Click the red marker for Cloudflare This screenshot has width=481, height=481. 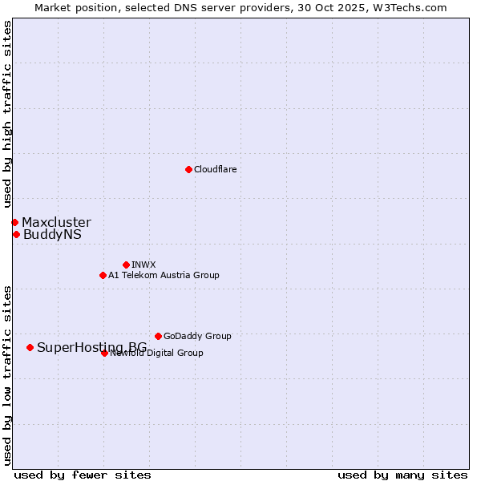point(188,169)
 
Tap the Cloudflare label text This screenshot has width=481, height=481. point(215,169)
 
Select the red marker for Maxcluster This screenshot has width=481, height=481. point(14,222)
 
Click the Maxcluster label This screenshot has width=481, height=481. point(56,222)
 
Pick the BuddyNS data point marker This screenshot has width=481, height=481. point(16,234)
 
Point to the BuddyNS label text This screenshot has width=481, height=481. point(52,235)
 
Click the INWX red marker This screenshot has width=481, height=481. point(126,265)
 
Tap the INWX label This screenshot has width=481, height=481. point(143,265)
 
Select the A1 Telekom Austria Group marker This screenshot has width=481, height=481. point(103,275)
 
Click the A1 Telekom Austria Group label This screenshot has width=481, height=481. point(164,275)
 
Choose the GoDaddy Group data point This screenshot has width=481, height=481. point(158,336)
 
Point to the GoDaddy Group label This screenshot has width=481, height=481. point(197,336)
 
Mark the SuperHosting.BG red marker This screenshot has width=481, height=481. point(30,347)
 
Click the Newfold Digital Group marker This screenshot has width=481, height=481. point(104,353)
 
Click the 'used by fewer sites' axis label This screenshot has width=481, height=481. point(83,475)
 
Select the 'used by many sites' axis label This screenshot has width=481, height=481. point(402,475)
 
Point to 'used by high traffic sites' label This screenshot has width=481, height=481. point(7,115)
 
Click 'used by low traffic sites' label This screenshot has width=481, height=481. point(7,375)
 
